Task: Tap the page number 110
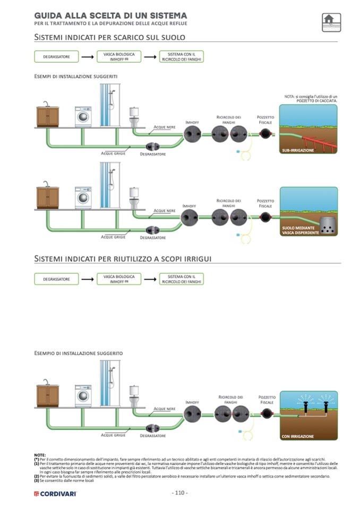pyautogui.click(x=180, y=493)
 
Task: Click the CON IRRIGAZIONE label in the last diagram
pyautogui.click(x=298, y=436)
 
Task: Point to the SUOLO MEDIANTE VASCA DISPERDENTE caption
pyautogui.click(x=301, y=229)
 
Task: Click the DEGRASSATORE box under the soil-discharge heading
pyautogui.click(x=56, y=56)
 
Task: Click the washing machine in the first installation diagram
pyautogui.click(x=83, y=117)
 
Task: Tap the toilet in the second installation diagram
pyautogui.click(x=134, y=198)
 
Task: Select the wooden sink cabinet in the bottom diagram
pyautogui.click(x=47, y=395)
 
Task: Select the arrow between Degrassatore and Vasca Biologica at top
pyautogui.click(x=87, y=56)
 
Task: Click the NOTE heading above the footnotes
pyautogui.click(x=40, y=455)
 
